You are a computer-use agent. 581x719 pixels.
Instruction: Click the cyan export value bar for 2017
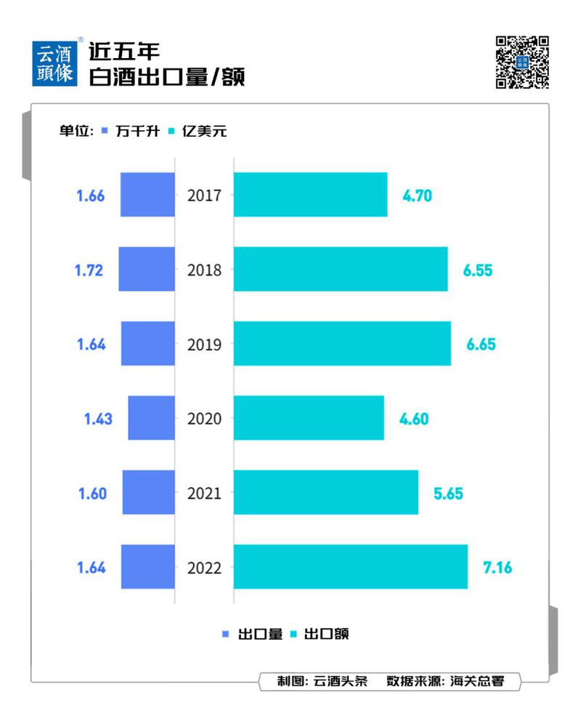pyautogui.click(x=310, y=194)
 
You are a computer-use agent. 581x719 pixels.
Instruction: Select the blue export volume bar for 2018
pyautogui.click(x=147, y=269)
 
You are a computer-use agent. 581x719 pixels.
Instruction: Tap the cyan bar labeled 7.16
pyautogui.click(x=350, y=566)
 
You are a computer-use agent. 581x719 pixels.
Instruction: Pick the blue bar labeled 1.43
pyautogui.click(x=151, y=418)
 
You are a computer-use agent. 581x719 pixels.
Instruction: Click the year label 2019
pyautogui.click(x=204, y=344)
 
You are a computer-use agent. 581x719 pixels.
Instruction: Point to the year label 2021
pyautogui.click(x=204, y=493)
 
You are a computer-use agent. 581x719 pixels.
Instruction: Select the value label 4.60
pyautogui.click(x=414, y=419)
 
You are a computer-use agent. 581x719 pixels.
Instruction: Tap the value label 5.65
pyautogui.click(x=448, y=493)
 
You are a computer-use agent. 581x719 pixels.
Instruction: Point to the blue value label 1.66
pyautogui.click(x=91, y=195)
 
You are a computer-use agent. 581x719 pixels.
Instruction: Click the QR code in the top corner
pyautogui.click(x=521, y=62)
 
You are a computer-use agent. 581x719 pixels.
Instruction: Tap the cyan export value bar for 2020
pyautogui.click(x=309, y=418)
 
